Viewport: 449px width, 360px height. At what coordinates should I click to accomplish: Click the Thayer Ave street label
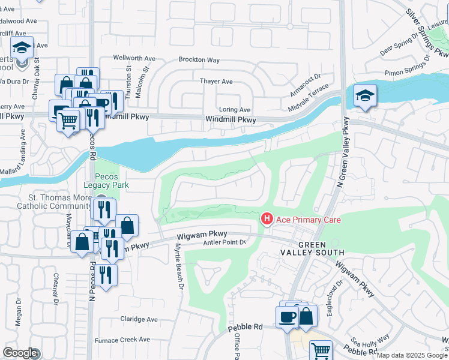[216, 82]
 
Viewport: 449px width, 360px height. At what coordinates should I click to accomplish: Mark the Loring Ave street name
[235, 110]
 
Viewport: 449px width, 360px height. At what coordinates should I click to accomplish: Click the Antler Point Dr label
[224, 242]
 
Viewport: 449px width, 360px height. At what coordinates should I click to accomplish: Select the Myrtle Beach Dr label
[178, 271]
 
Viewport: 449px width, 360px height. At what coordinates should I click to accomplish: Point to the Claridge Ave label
[139, 319]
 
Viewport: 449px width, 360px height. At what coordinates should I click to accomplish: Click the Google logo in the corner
[20, 353]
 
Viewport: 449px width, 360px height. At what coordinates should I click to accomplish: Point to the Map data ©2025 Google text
[412, 355]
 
